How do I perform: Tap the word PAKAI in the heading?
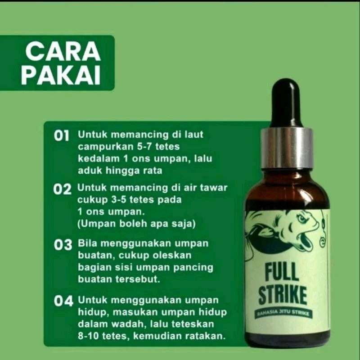[x=61, y=76]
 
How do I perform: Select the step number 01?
[x=62, y=136]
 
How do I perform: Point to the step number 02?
[x=62, y=189]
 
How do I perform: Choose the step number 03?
[x=63, y=245]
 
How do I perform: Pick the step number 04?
[x=63, y=301]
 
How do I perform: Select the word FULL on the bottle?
[x=282, y=273]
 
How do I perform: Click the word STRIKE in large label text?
[x=283, y=295]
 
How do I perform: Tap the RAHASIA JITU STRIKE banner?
[x=284, y=313]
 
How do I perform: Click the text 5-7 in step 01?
[x=144, y=147]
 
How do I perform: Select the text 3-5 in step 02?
[x=118, y=200]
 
